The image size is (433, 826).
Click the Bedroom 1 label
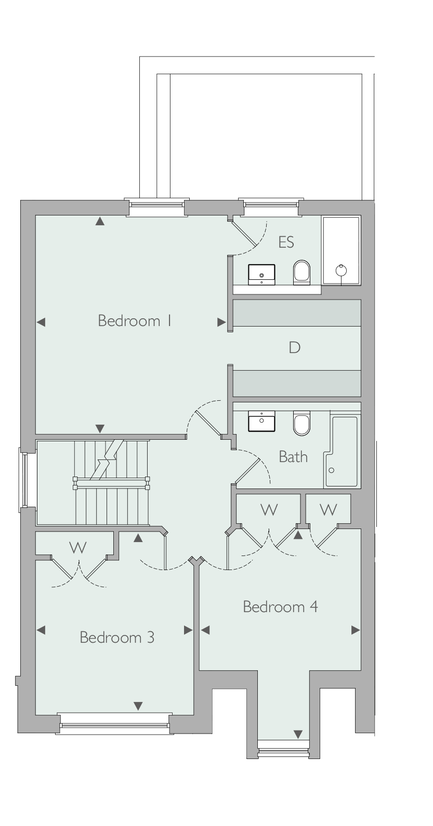(135, 321)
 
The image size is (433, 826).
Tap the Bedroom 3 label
(117, 638)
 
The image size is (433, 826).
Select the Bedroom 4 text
(280, 606)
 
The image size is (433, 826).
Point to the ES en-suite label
(286, 242)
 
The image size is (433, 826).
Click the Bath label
(293, 456)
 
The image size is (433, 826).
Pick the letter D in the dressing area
(294, 347)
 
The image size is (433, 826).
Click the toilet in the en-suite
(302, 273)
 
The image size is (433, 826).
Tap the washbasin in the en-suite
(261, 275)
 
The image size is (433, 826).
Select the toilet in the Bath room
(302, 423)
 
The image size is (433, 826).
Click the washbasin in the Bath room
(261, 421)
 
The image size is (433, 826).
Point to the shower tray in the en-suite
(341, 251)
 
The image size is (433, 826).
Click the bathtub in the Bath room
(342, 452)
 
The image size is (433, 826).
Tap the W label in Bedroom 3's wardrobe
(78, 548)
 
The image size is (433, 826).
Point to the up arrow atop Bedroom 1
(100, 221)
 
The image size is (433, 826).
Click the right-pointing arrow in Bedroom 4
(356, 630)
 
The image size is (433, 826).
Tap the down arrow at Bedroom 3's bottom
(138, 706)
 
